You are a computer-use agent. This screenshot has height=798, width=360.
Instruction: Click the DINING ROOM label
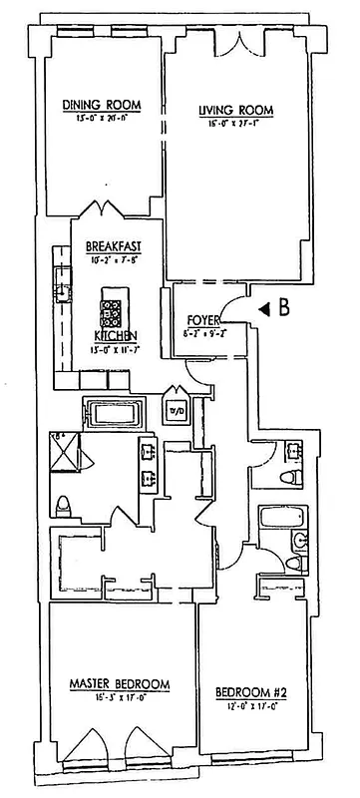(101, 105)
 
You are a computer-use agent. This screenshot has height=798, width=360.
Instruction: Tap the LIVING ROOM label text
(235, 110)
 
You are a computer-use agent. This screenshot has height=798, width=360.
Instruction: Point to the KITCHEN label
(116, 335)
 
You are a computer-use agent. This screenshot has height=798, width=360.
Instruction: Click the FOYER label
(202, 320)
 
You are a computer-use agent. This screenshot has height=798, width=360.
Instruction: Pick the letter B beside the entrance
(284, 309)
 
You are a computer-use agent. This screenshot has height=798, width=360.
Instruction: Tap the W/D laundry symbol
(178, 410)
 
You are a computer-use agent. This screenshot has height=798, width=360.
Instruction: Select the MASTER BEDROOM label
(119, 684)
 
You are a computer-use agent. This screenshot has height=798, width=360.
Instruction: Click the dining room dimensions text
(101, 118)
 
